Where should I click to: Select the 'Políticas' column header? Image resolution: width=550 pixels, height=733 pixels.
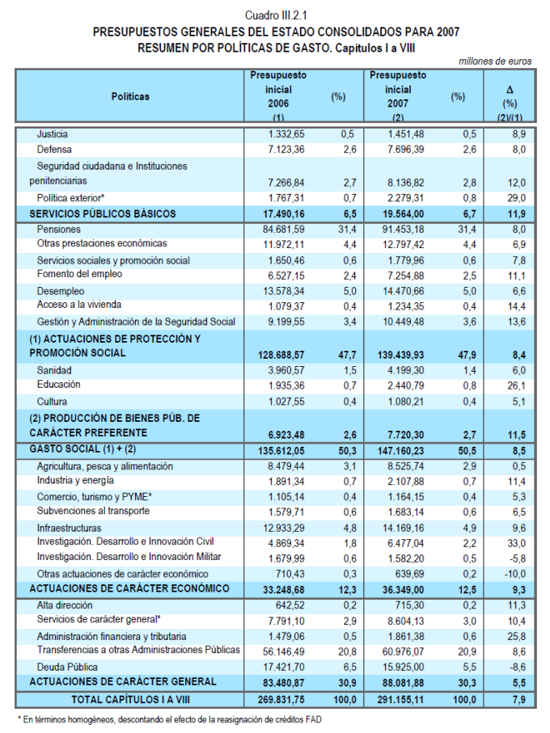(x=130, y=97)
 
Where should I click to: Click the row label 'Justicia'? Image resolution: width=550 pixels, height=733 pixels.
(x=53, y=134)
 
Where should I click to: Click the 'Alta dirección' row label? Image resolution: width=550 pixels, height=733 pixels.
(x=66, y=605)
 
